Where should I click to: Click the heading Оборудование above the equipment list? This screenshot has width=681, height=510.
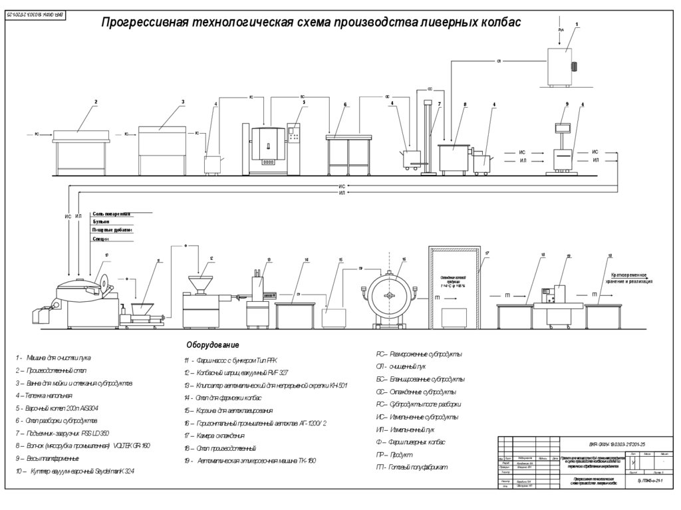click(x=212, y=346)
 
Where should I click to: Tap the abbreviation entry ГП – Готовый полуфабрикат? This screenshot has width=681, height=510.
click(x=412, y=467)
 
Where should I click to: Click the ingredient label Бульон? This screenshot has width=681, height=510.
click(x=101, y=221)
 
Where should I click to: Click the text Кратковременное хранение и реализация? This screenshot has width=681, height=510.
click(x=628, y=277)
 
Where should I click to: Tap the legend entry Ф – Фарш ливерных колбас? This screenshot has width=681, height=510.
click(x=410, y=442)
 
